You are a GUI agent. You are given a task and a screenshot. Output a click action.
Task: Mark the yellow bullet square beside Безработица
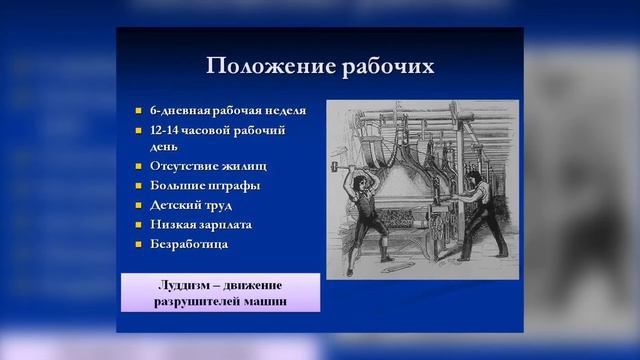click(140, 244)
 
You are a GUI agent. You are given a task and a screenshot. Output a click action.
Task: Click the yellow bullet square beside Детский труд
click(140, 205)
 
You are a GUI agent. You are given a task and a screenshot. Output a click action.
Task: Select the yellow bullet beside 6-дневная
click(140, 110)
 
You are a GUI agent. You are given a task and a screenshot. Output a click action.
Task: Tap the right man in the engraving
click(479, 215)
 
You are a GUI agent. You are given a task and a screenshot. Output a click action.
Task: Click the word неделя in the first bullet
click(283, 110)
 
